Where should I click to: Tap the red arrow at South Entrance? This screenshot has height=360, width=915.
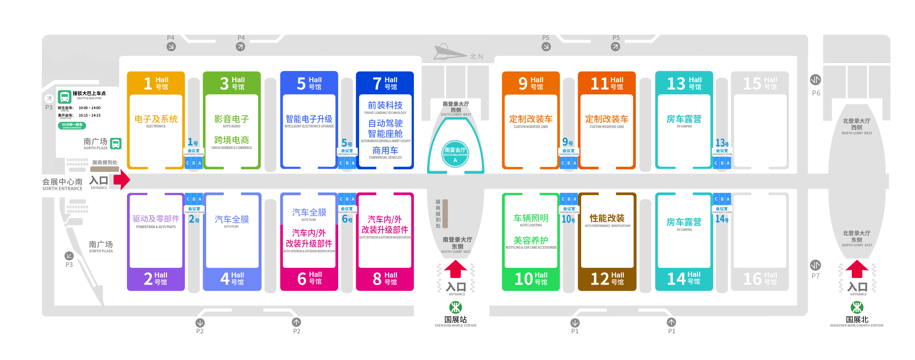click(121, 180)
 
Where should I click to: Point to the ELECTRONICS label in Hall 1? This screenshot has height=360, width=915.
click(156, 126)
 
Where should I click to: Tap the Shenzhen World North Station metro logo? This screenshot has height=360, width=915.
click(857, 307)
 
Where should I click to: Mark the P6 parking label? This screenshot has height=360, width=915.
click(816, 93)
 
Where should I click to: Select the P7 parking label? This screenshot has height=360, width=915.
click(816, 276)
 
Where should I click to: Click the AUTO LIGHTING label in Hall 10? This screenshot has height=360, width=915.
click(531, 225)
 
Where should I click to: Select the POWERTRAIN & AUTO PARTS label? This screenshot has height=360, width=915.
click(156, 227)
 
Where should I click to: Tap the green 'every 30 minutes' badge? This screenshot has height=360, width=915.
click(72, 125)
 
